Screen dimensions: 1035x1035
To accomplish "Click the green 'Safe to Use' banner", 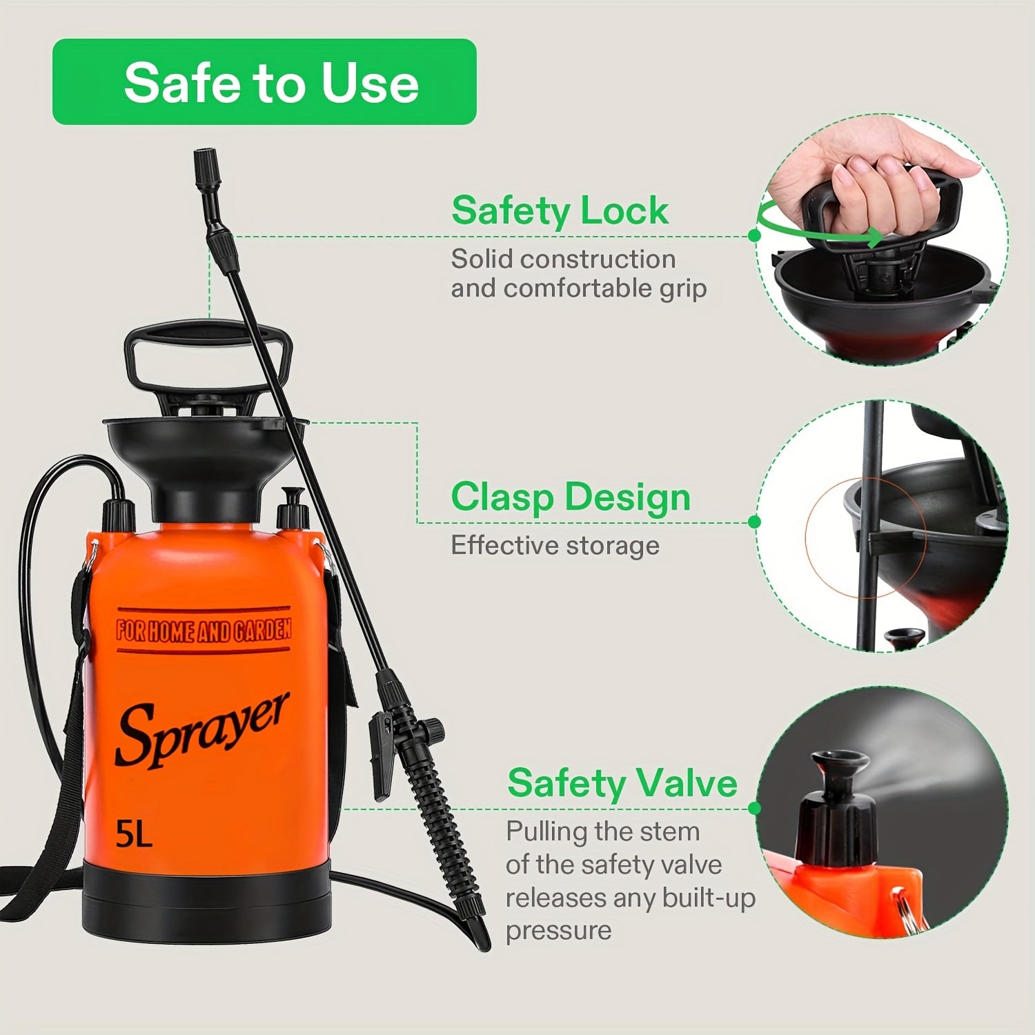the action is pos(264,82).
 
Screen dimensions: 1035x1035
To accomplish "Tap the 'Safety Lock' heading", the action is pos(560,210).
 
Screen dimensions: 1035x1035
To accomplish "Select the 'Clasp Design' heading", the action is pos(571,497).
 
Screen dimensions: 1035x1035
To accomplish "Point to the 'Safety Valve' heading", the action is pos(622,783).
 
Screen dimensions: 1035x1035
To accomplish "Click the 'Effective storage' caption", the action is pos(555,545).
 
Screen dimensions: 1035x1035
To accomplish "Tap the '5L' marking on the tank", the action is pos(134,834).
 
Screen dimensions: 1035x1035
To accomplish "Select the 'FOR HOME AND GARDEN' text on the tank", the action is pos(204,630).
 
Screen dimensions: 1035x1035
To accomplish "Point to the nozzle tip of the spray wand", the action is pos(204,160).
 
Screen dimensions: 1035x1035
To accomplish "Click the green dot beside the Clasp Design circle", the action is pos(754,522).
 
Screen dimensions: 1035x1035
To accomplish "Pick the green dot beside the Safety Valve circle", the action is pos(754,808).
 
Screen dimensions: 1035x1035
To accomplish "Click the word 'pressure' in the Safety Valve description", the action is pos(559,930).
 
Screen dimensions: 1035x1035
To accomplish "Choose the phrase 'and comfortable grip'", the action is pos(579,288).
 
